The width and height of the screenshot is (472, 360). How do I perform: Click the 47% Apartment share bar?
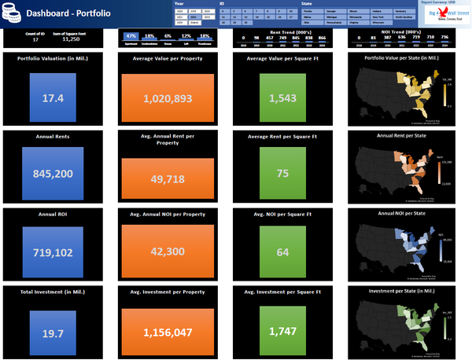pyautogui.click(x=132, y=37)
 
